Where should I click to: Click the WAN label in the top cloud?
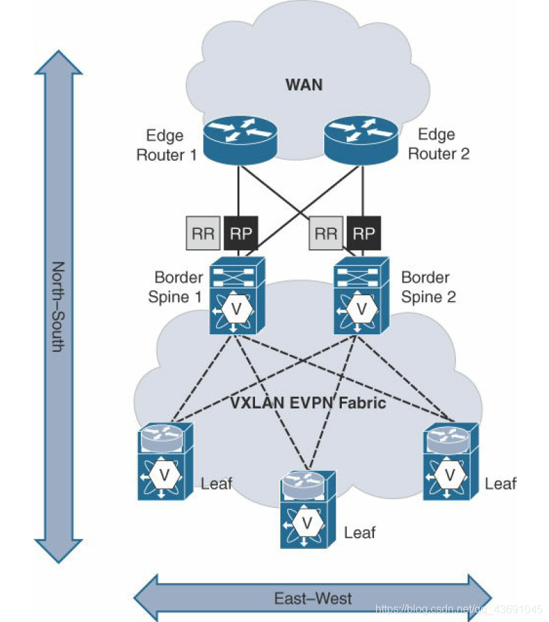[303, 85]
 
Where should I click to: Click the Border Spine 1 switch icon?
[237, 296]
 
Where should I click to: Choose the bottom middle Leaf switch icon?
[308, 509]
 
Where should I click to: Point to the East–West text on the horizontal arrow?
[312, 599]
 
